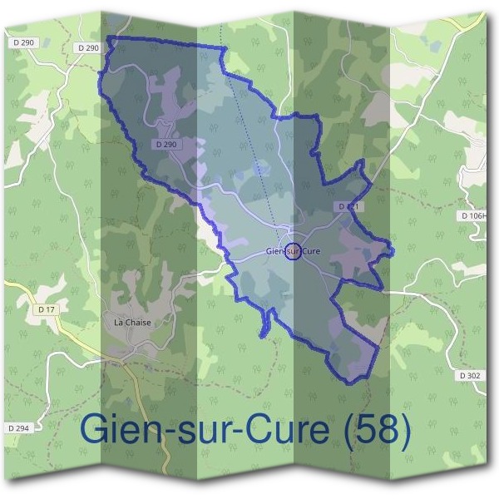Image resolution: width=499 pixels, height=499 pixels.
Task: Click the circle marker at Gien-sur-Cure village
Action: point(293,250)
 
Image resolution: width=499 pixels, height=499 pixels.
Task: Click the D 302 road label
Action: point(470,376)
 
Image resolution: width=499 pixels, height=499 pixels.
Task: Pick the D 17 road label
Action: point(47,309)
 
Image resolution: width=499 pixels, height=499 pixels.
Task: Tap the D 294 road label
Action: point(18,427)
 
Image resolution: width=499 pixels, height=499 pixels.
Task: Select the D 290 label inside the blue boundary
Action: point(166,145)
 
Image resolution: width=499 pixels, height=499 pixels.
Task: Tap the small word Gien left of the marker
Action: point(275,250)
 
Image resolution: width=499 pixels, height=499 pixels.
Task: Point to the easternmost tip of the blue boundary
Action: point(393,249)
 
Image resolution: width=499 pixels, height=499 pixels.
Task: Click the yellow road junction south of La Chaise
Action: point(125,358)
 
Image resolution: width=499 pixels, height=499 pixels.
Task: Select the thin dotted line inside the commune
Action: point(249,133)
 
